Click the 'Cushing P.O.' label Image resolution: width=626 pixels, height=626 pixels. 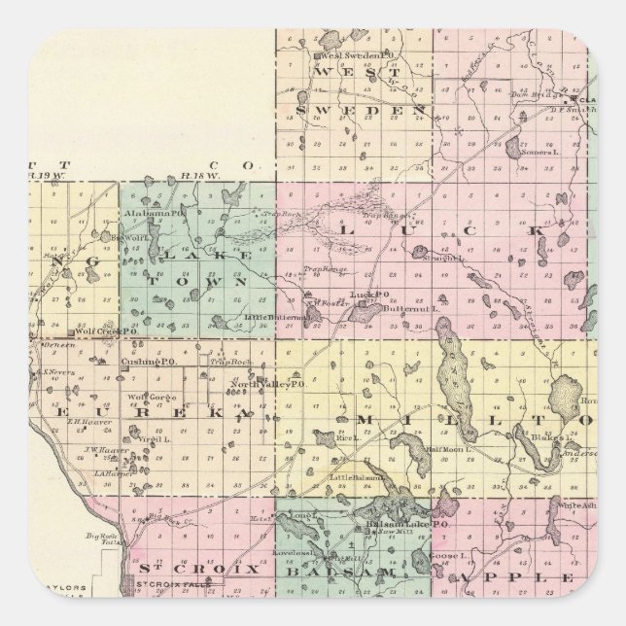click(x=140, y=362)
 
